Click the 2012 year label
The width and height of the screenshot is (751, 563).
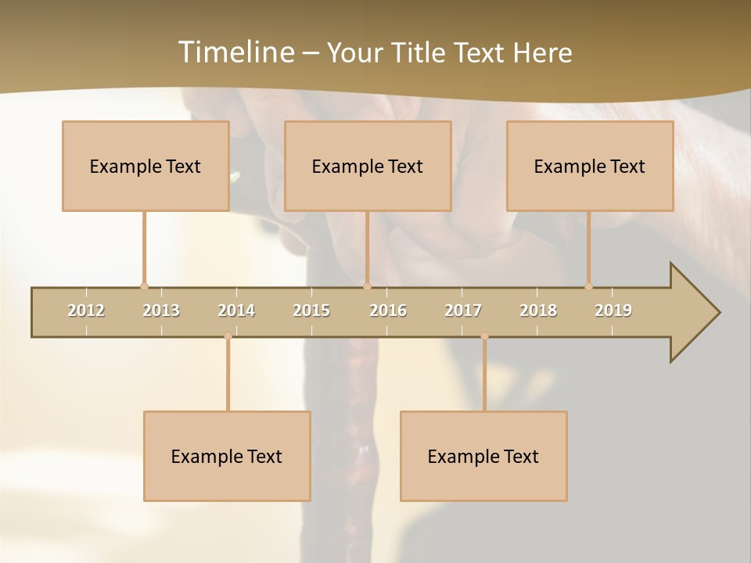pos(86,310)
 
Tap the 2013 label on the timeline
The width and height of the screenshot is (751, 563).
pos(161,310)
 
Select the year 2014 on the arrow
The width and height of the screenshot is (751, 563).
pos(236,310)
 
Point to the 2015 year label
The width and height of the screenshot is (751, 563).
pos(311,310)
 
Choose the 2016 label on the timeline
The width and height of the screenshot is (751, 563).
pos(388,310)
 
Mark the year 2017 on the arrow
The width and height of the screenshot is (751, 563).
pos(463,310)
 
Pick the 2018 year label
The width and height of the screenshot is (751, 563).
pos(538,310)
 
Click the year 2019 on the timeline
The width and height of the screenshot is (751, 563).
pos(613,310)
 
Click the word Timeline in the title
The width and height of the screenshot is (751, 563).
pos(235,52)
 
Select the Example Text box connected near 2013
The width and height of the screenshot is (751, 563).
pos(146,166)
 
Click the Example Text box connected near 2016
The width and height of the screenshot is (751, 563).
pos(368,166)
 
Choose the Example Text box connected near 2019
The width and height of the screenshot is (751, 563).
pos(590,166)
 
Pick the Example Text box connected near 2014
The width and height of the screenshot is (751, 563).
pos(227,456)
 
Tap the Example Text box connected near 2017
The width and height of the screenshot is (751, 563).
pos(483,456)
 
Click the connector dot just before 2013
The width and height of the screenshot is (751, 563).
pos(144,287)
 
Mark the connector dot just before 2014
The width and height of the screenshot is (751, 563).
pos(228,336)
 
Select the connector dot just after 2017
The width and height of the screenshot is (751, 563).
pos(484,336)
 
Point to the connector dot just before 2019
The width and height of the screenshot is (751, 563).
pos(588,287)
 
